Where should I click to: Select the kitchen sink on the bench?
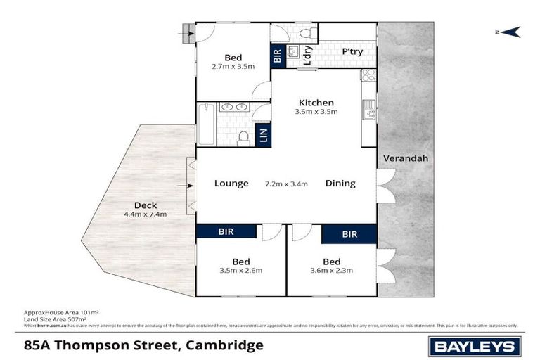(x=369, y=109)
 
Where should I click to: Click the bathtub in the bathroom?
(x=205, y=124)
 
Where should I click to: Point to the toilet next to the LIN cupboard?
(x=243, y=138)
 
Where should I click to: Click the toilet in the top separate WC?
(x=306, y=32)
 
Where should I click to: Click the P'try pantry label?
(x=352, y=52)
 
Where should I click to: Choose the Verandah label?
(x=405, y=158)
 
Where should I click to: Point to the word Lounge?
(x=231, y=184)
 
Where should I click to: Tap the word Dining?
(x=340, y=184)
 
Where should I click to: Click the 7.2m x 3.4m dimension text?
(x=285, y=184)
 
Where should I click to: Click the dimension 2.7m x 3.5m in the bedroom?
(x=233, y=66)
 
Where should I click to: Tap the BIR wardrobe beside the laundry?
(x=277, y=56)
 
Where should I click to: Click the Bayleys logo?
(x=475, y=345)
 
